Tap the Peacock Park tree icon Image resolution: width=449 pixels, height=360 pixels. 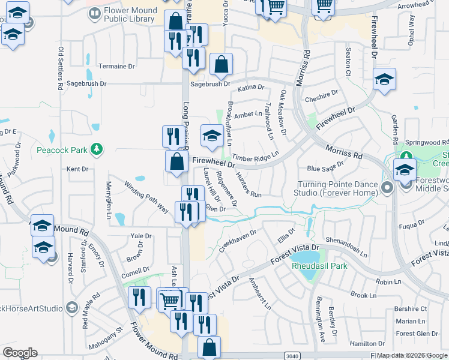[x=95, y=149]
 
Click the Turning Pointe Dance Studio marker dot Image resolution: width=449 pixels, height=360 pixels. [x=387, y=188]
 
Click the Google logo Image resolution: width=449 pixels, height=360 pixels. [x=20, y=353]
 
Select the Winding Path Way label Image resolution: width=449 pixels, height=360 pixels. [x=146, y=197]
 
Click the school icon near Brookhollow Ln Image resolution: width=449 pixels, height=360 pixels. [x=212, y=136]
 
